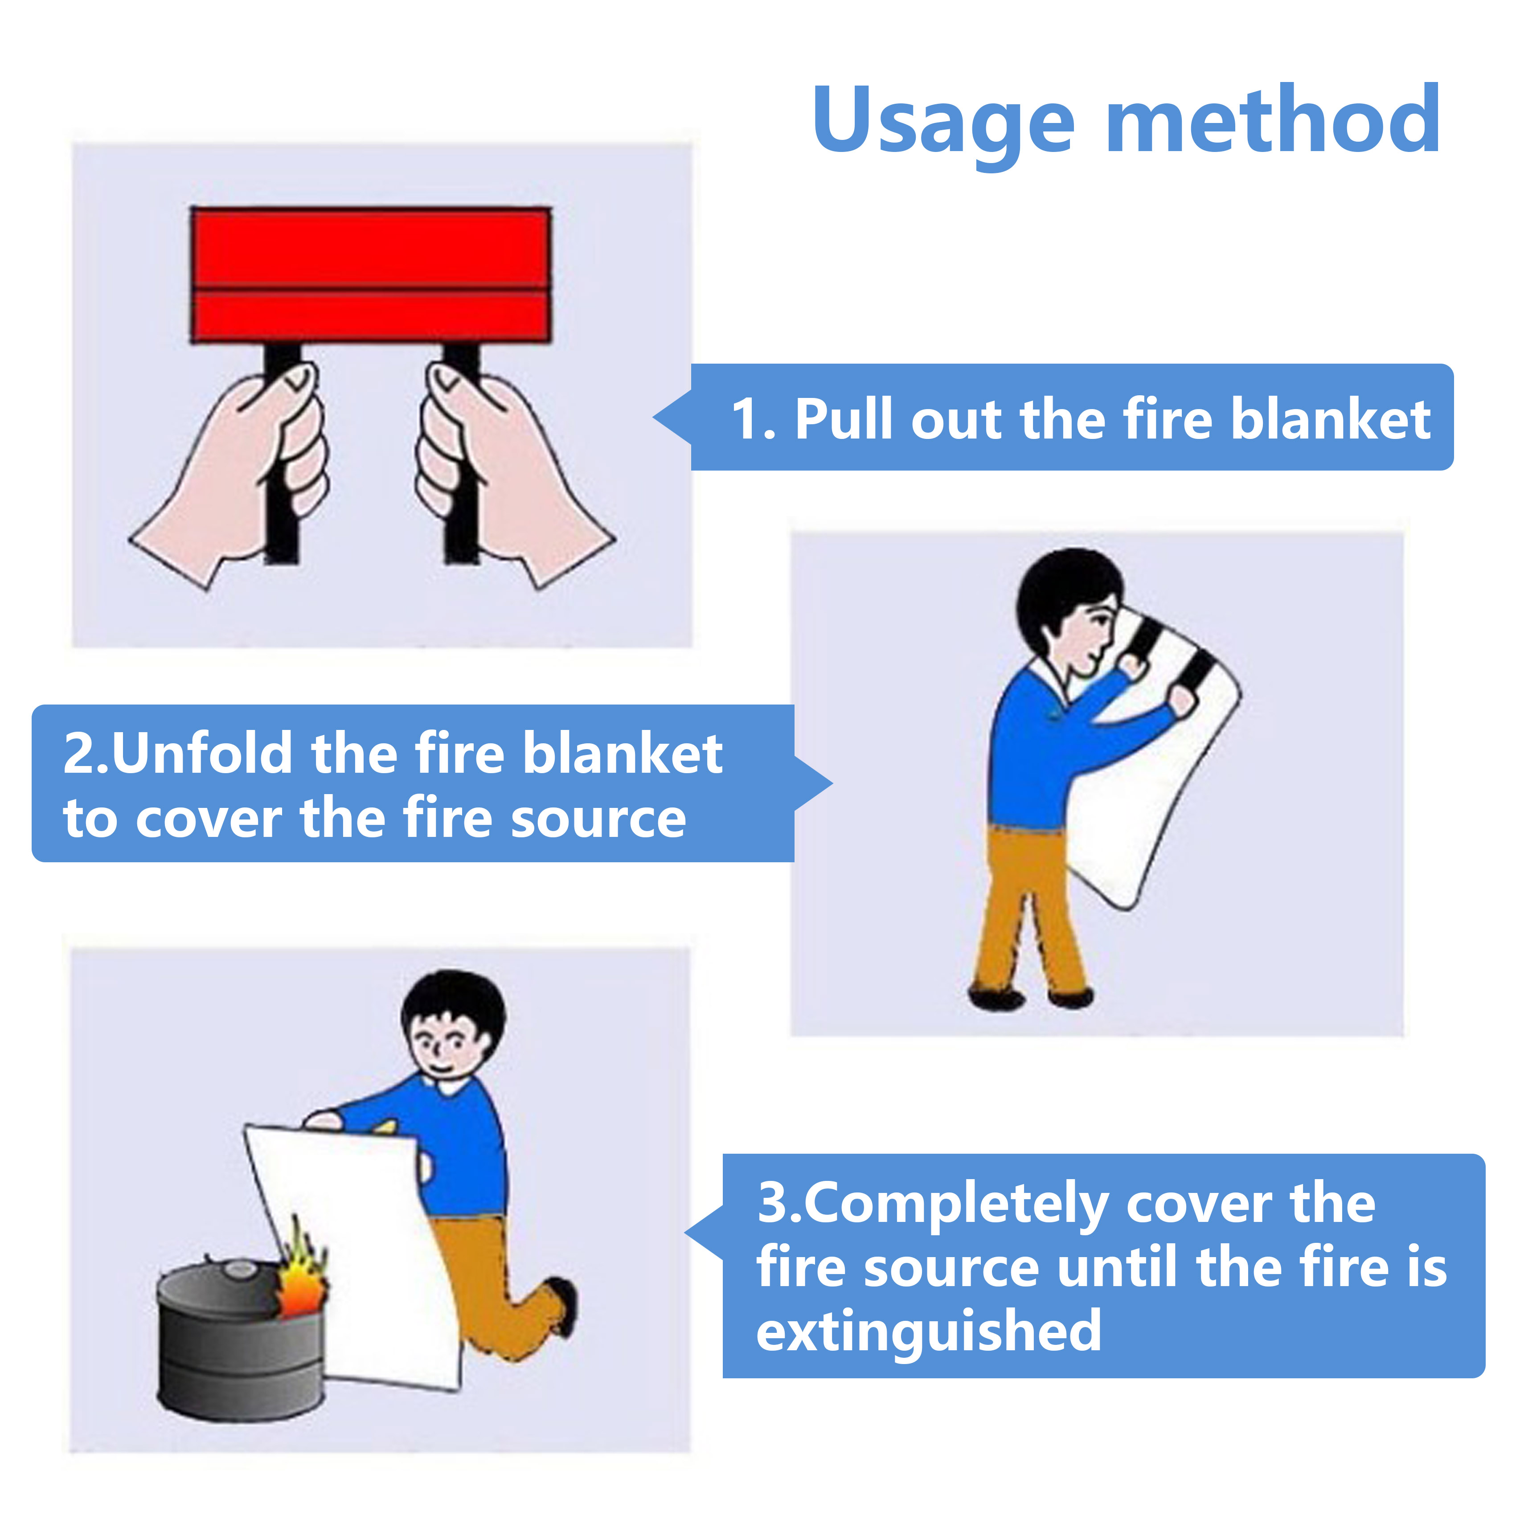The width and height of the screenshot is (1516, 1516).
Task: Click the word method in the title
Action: click(1272, 122)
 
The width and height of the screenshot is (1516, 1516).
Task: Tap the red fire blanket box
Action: click(370, 274)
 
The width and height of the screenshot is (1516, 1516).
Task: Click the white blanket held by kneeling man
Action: click(361, 1271)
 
